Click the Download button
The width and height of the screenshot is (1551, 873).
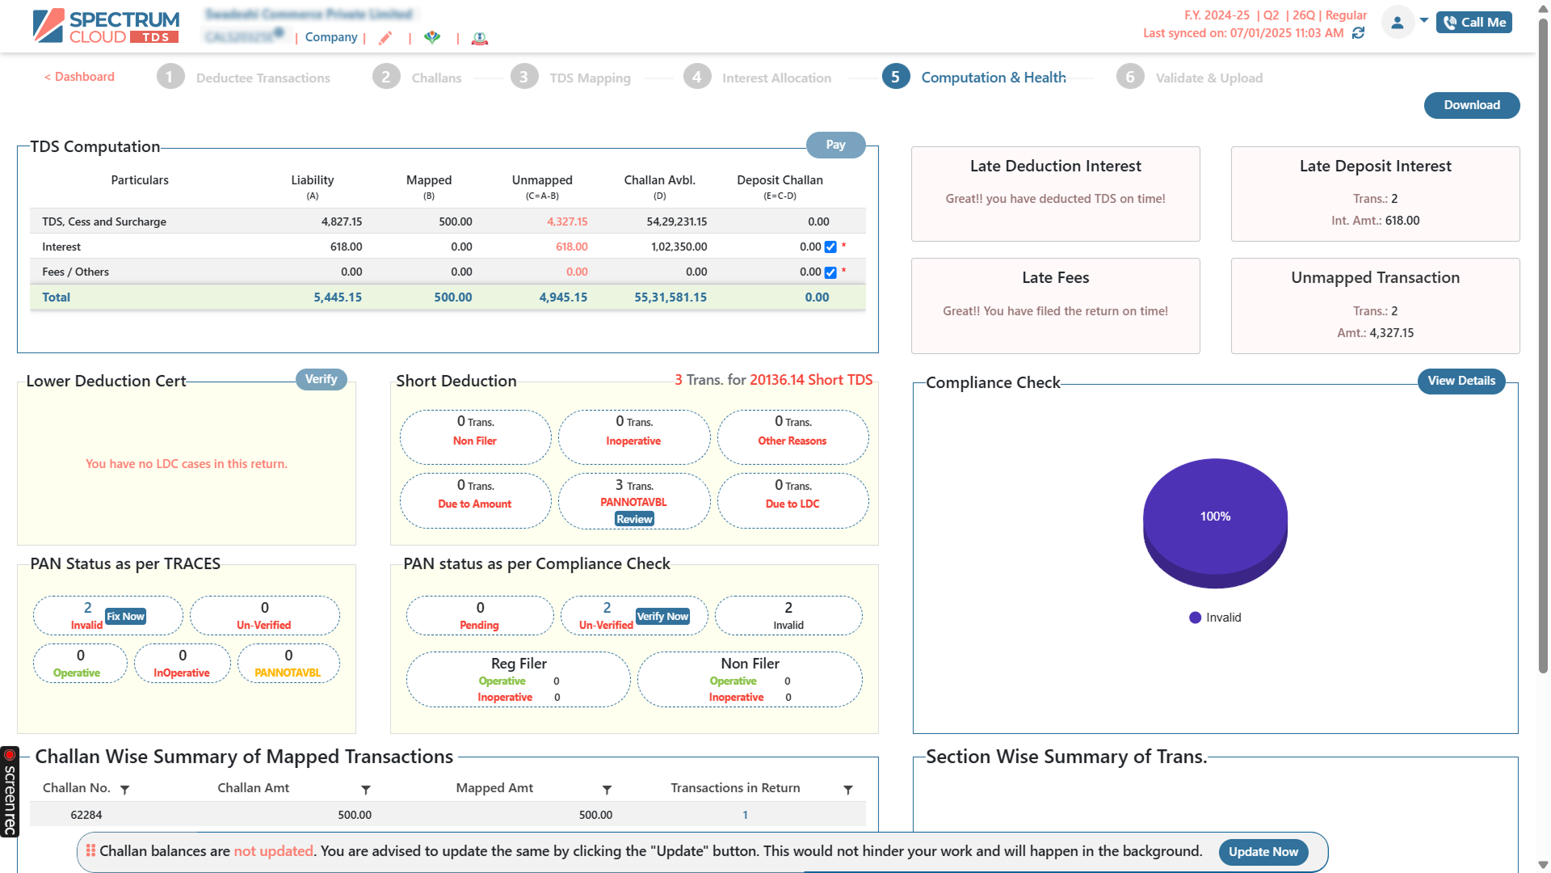tap(1471, 105)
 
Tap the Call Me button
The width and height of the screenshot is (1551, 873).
tap(1473, 23)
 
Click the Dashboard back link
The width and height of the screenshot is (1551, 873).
tap(79, 77)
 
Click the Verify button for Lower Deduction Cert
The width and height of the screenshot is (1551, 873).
tap(321, 379)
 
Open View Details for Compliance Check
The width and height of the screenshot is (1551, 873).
tap(1461, 381)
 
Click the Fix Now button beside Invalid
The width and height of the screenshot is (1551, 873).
tap(125, 616)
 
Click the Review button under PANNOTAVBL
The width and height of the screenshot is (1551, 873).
tap(634, 519)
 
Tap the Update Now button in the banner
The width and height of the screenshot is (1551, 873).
tap(1263, 851)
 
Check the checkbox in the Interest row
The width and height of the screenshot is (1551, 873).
tap(830, 247)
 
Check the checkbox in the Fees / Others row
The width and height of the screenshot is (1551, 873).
tap(830, 272)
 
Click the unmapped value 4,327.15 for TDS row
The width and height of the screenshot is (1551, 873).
tap(567, 221)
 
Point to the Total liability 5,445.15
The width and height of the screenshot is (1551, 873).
tap(338, 297)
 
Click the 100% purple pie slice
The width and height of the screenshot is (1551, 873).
tap(1214, 516)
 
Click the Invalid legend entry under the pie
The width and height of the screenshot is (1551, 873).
tap(1215, 618)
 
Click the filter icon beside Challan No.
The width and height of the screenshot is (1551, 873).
tap(124, 790)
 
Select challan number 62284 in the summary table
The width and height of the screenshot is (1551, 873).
tap(86, 815)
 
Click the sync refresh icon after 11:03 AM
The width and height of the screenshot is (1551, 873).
tap(1358, 33)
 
